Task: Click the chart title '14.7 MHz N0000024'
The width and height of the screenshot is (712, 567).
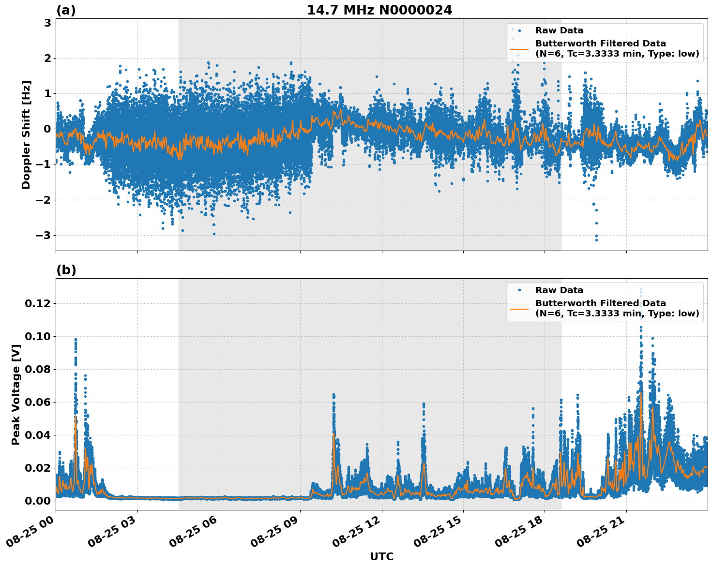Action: tap(379, 10)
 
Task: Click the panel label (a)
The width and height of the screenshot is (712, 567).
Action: tap(66, 10)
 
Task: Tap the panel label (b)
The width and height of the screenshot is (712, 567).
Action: tap(66, 270)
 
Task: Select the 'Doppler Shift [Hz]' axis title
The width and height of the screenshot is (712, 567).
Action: tap(26, 134)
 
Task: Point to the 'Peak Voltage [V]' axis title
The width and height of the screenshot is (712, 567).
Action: tap(16, 394)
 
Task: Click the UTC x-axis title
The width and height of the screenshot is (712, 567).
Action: tap(381, 556)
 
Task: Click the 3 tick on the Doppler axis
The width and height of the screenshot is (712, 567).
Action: tap(47, 23)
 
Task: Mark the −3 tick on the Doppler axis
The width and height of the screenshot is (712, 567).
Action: tap(45, 235)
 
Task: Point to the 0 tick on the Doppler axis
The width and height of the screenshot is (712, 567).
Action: tap(47, 129)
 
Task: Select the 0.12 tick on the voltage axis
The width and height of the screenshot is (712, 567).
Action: tap(37, 303)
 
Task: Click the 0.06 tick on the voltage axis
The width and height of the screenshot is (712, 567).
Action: tap(37, 402)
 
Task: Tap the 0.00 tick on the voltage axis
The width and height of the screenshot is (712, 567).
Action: tap(37, 500)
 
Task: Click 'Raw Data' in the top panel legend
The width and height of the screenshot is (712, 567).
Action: tap(559, 30)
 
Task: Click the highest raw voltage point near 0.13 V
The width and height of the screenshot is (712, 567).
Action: tap(641, 289)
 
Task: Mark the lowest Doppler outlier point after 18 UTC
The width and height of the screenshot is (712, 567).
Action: tap(596, 240)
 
